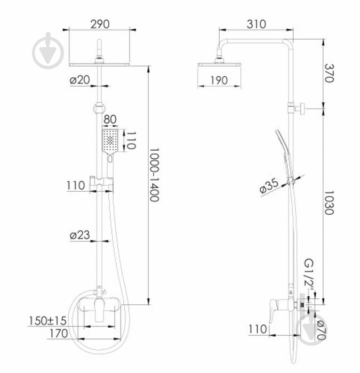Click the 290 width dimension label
[100, 25]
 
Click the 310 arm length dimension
[257, 25]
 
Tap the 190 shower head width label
[219, 80]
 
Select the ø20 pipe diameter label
[80, 80]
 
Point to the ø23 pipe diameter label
[80, 235]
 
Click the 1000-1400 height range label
[154, 175]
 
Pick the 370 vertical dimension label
[330, 73]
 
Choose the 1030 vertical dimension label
[330, 203]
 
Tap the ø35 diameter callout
[269, 186]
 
